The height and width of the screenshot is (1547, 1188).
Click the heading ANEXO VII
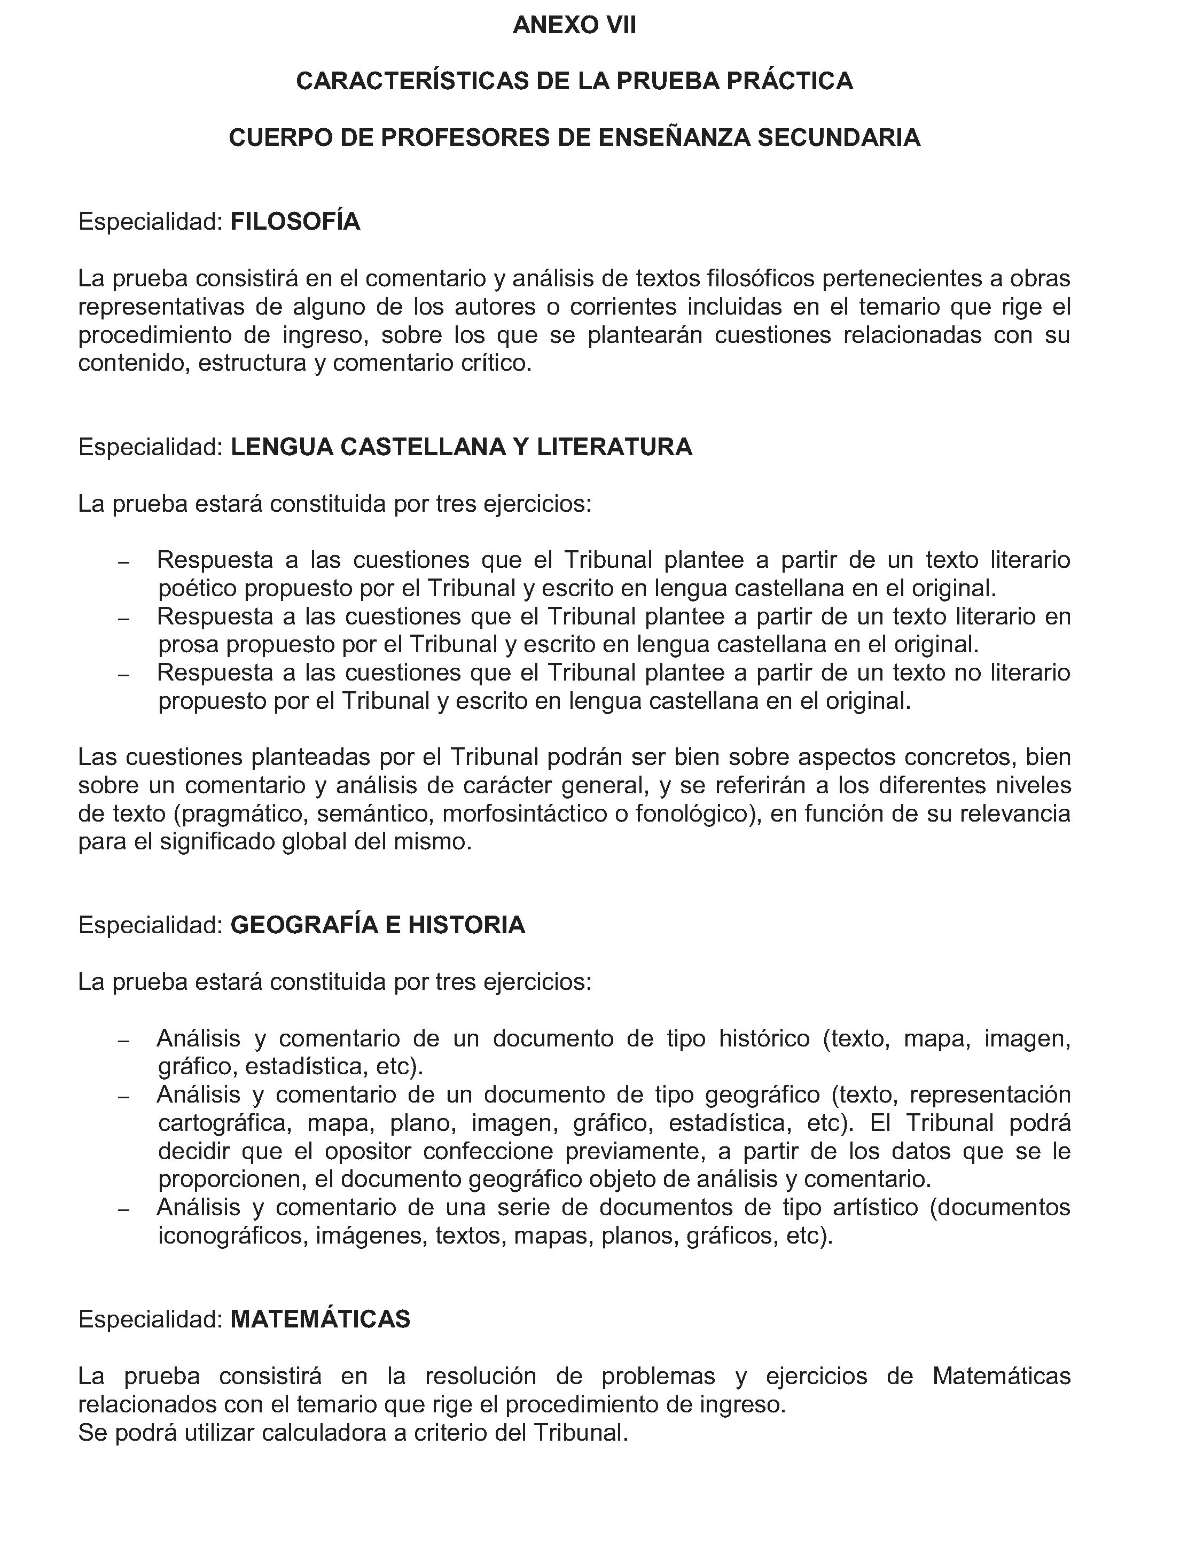pos(574,26)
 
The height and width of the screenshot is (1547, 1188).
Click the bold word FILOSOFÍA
pos(295,222)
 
